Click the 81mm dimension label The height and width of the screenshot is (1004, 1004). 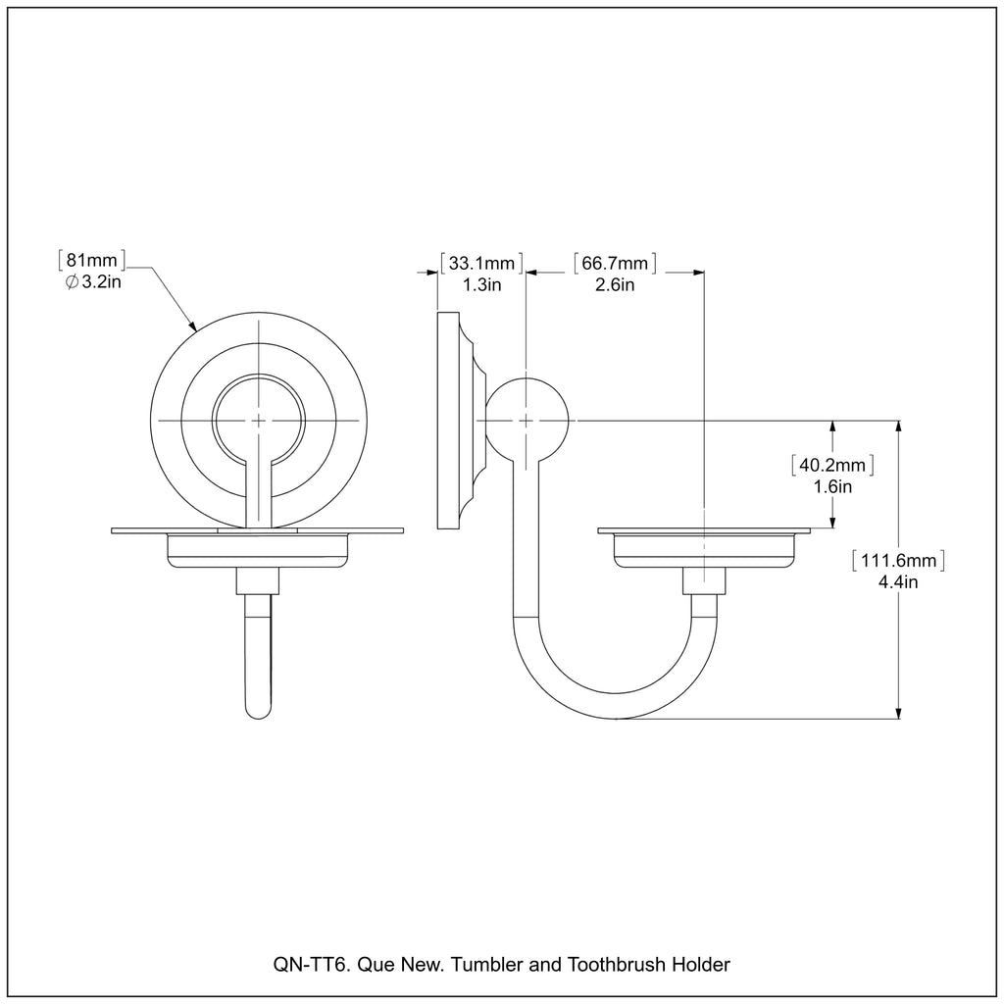92,261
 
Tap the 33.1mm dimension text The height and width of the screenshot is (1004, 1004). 481,263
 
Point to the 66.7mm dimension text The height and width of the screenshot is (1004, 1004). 615,263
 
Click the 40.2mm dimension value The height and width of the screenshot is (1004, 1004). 832,465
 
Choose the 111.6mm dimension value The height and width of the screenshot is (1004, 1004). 898,561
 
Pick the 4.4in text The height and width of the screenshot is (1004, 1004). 898,582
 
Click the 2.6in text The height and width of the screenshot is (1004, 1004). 615,285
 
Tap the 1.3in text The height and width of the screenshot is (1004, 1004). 481,285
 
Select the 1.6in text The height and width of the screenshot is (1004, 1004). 832,486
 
